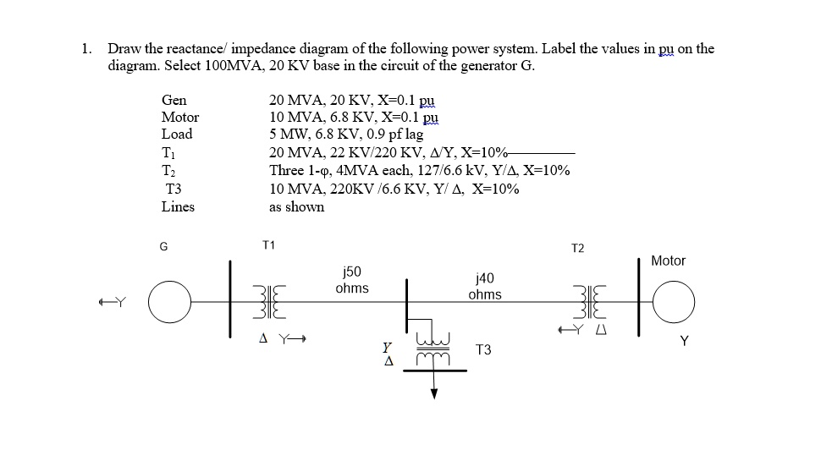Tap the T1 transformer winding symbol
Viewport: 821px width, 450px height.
point(268,300)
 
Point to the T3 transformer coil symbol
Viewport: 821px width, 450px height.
point(434,349)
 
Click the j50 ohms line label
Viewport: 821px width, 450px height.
point(351,280)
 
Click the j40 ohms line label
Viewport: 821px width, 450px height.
point(484,287)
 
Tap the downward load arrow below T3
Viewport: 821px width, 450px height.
point(434,389)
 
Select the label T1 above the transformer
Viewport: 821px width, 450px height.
point(268,245)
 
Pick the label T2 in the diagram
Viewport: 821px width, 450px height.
point(577,248)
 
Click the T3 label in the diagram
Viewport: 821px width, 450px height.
point(484,349)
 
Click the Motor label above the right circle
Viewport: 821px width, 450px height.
point(668,261)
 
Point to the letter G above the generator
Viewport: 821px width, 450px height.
point(164,246)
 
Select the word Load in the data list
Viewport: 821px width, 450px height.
point(177,134)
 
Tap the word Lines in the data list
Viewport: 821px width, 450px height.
point(178,206)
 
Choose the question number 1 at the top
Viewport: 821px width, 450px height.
point(86,48)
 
